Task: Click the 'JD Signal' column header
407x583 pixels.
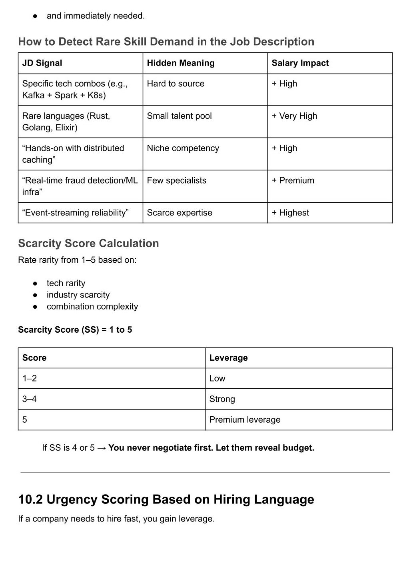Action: [x=42, y=63]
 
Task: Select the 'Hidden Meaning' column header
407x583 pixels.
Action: [x=181, y=63]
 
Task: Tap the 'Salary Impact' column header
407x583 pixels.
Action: [x=300, y=63]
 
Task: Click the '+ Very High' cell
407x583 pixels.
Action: [x=294, y=116]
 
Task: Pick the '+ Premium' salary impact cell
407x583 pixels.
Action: [x=293, y=180]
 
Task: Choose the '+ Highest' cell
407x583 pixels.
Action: [x=290, y=213]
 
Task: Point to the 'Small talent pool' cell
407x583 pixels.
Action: [x=179, y=116]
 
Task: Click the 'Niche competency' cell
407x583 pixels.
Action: [x=183, y=148]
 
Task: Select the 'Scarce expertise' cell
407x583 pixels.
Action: [x=180, y=213]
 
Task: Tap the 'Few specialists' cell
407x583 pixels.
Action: [x=177, y=180]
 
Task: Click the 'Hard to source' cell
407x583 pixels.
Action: [x=176, y=84]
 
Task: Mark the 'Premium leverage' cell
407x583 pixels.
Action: [x=245, y=420]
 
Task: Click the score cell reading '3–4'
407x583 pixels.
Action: [x=30, y=399]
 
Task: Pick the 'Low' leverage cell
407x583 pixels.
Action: [x=217, y=378]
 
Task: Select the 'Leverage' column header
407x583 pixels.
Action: [x=228, y=358]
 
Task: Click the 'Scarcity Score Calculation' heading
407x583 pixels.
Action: [x=88, y=244]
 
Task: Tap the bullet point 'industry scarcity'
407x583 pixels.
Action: [x=78, y=295]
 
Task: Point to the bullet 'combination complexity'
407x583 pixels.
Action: [x=92, y=307]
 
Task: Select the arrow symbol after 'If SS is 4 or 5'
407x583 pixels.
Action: [x=102, y=448]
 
